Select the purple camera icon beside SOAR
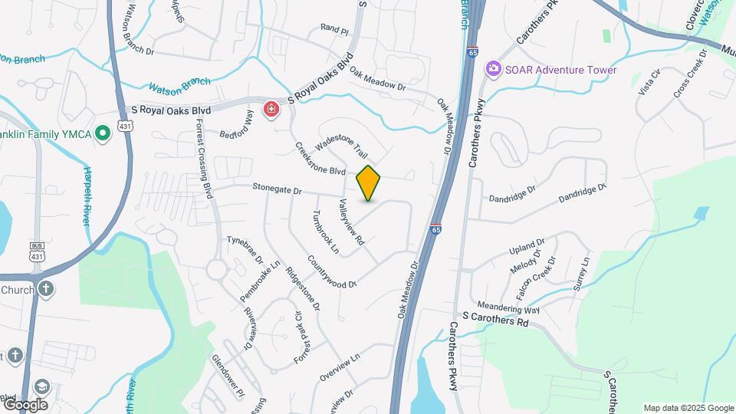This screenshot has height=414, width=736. click(x=494, y=70)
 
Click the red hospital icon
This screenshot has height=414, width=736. click(x=271, y=111)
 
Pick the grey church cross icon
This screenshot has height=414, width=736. click(x=47, y=290)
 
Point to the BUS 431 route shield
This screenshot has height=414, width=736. click(x=37, y=250)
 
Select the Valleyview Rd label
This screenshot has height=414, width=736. click(x=351, y=222)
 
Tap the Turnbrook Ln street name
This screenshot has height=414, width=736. click(x=325, y=232)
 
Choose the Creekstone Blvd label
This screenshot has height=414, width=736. click(x=320, y=160)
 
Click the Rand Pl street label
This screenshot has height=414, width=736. click(x=334, y=30)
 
